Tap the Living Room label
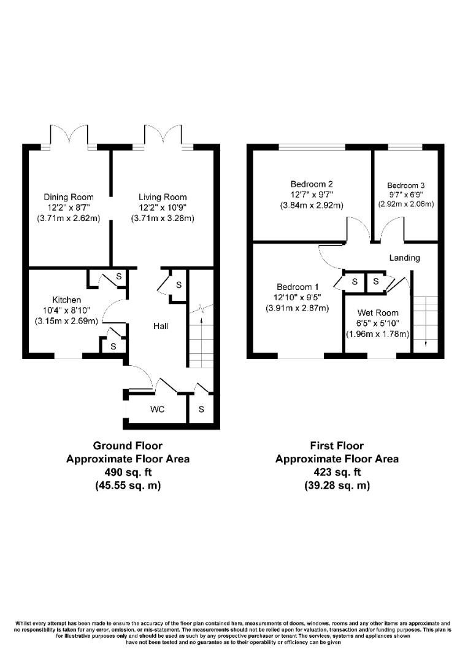coord(162,196)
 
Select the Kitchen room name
coord(66,300)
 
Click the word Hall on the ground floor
coord(161,327)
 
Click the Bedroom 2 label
coord(312,184)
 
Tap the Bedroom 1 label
coord(297,287)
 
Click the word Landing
coord(405,258)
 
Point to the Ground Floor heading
coord(128,446)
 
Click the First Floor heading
coord(337,446)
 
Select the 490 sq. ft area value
coord(128,472)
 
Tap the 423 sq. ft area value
coord(337,472)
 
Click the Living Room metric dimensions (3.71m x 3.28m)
coord(162,219)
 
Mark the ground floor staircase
coord(201,341)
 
